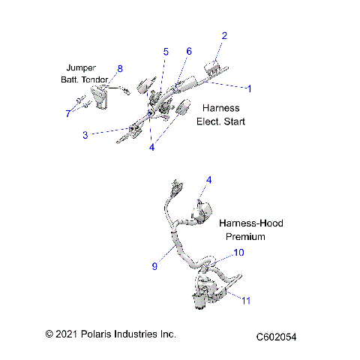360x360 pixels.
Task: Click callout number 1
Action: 250,88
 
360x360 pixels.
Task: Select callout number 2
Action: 224,35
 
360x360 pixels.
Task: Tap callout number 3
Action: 85,134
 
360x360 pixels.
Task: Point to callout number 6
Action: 189,51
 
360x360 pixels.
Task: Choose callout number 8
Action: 118,69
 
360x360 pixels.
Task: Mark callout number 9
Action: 154,265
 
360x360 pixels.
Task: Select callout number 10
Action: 239,253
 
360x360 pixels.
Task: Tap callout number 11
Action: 245,300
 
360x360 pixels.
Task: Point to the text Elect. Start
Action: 220,121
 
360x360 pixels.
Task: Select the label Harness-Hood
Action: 251,223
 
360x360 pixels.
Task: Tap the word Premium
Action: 245,236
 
